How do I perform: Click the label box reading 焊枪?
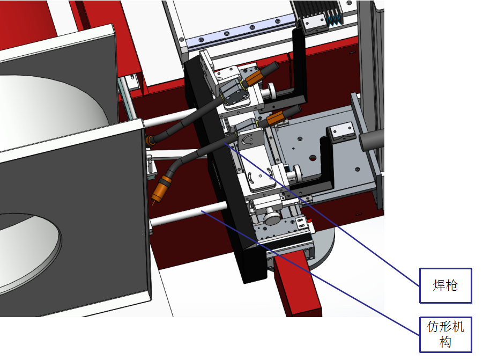click(445, 285)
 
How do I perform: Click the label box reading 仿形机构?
click(445, 334)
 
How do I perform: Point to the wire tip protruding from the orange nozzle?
click(153, 203)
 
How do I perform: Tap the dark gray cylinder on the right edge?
click(371, 140)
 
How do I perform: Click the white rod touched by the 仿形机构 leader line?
click(189, 214)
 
